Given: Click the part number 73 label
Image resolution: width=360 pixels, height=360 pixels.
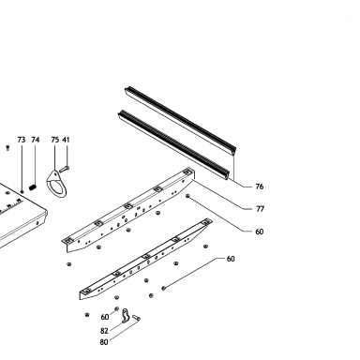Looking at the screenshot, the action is pyautogui.click(x=22, y=140).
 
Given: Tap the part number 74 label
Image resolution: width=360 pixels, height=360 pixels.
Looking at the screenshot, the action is pyautogui.click(x=36, y=140).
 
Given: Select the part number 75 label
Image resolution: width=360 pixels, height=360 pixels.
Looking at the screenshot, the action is pyautogui.click(x=55, y=140).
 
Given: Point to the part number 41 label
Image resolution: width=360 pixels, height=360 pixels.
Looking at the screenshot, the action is pyautogui.click(x=66, y=140).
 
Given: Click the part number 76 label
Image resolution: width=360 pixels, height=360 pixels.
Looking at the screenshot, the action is pyautogui.click(x=260, y=187).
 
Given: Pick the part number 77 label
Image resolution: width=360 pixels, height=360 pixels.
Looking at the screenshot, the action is pyautogui.click(x=260, y=209).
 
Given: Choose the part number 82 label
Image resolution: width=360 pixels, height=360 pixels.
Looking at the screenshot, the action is pyautogui.click(x=104, y=331).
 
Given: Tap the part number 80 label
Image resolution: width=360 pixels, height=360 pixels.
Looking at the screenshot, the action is pyautogui.click(x=104, y=342).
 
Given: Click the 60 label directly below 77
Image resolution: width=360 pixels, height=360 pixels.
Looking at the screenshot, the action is pyautogui.click(x=260, y=232).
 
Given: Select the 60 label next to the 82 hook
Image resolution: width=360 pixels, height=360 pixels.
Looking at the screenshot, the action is pyautogui.click(x=105, y=317).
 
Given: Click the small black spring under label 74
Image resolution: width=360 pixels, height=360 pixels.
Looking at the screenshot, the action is pyautogui.click(x=33, y=187).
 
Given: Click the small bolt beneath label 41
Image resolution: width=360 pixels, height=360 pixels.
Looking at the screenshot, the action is pyautogui.click(x=64, y=169).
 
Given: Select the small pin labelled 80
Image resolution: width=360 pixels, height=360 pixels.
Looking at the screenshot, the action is pyautogui.click(x=136, y=318).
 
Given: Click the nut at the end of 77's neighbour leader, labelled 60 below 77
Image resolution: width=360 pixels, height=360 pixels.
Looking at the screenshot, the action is pyautogui.click(x=187, y=196).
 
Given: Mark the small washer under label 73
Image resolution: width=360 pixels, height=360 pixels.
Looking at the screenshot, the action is pyautogui.click(x=22, y=191).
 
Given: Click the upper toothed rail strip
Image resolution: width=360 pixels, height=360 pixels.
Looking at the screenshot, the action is pyautogui.click(x=181, y=121).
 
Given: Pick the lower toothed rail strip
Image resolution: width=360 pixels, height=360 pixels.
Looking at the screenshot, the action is pyautogui.click(x=173, y=145).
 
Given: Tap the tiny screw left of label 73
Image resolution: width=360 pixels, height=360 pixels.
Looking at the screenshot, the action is pyautogui.click(x=7, y=148).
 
